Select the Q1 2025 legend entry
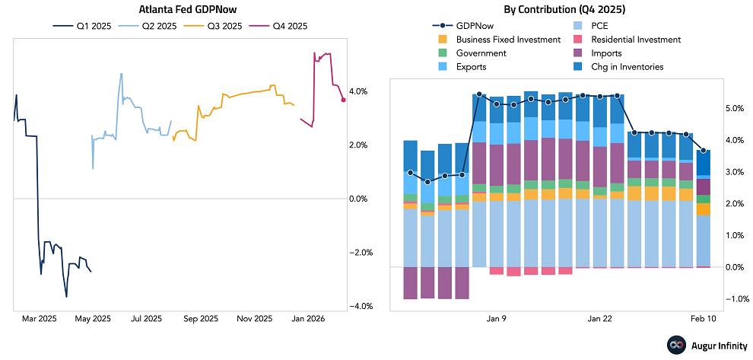(83, 27)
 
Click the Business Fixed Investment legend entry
(497, 40)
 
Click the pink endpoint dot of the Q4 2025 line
(344, 100)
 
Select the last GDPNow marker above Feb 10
(704, 150)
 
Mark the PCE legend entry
(599, 26)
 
